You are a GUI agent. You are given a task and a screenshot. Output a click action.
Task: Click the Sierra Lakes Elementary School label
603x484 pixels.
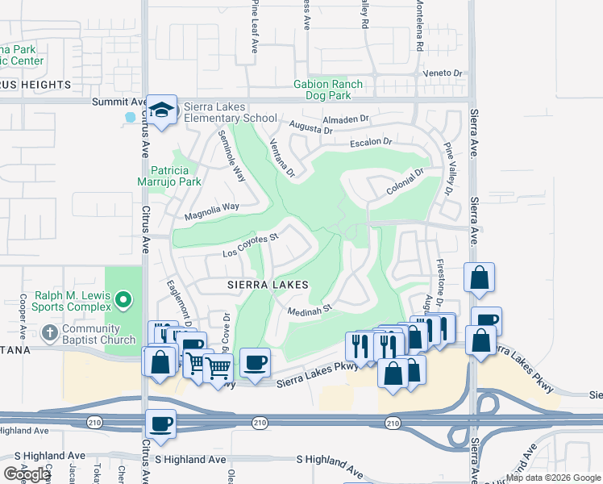231,112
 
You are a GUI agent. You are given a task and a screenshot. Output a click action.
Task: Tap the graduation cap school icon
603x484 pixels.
162,109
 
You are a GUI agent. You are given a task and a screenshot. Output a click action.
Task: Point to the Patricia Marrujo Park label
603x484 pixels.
176,176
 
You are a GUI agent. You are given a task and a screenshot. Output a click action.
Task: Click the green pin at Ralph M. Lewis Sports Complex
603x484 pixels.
123,301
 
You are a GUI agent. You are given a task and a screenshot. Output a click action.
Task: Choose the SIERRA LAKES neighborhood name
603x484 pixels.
267,286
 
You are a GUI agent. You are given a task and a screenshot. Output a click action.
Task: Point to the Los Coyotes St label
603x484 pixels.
251,245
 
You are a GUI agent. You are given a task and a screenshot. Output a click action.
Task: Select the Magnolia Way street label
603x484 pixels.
211,211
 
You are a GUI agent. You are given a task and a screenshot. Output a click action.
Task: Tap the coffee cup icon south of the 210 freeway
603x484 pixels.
160,424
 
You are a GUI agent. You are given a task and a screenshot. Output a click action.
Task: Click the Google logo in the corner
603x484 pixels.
27,474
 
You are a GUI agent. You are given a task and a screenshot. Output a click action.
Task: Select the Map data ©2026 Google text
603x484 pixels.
552,478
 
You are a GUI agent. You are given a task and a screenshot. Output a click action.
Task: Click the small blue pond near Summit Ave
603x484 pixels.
131,117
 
